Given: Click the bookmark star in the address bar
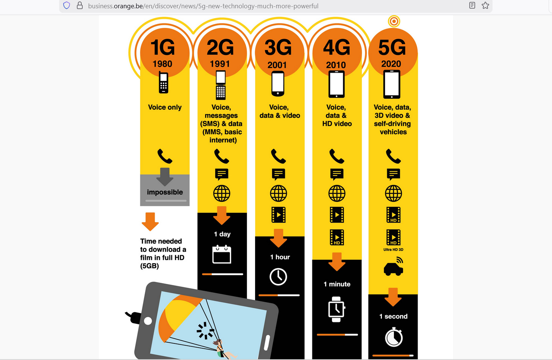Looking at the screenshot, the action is [x=485, y=5].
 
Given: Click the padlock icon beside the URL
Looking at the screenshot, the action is [x=80, y=5].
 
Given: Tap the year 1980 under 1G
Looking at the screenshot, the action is [x=162, y=64].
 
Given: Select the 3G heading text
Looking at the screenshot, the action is [x=278, y=47].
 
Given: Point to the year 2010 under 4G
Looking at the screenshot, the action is [x=336, y=65].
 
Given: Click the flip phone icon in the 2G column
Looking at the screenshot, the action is [x=220, y=85].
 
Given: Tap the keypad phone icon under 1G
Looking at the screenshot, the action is [x=163, y=82].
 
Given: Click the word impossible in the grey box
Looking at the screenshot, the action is [x=165, y=192].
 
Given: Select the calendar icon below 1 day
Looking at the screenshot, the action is [x=222, y=254].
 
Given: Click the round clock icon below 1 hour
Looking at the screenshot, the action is [x=278, y=277].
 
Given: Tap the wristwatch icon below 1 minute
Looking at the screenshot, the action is [x=337, y=309].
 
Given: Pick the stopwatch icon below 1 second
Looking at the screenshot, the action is [x=394, y=337].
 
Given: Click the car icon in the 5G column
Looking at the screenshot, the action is [x=394, y=266].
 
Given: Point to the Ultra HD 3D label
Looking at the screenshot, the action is [x=393, y=250].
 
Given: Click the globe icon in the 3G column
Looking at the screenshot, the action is [x=278, y=193].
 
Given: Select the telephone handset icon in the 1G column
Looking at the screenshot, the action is [x=165, y=156].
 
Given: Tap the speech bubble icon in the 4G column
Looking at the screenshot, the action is [x=337, y=174].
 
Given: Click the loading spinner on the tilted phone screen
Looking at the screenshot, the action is [x=205, y=330].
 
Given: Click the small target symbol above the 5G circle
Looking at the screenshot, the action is [x=394, y=21].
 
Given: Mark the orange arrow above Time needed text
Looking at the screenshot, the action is [x=150, y=222].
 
